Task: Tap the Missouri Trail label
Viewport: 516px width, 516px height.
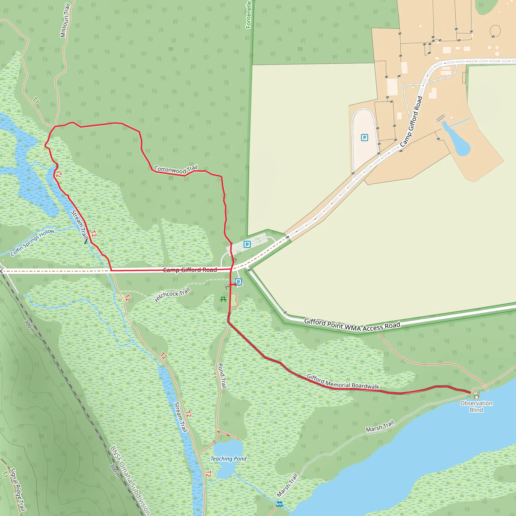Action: pyautogui.click(x=65, y=21)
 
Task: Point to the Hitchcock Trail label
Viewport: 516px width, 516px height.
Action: pyautogui.click(x=172, y=295)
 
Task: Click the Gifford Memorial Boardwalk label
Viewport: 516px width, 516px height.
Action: pyautogui.click(x=343, y=382)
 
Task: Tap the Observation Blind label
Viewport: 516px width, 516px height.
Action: pyautogui.click(x=476, y=406)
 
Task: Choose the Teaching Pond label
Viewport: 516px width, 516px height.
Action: pyautogui.click(x=228, y=459)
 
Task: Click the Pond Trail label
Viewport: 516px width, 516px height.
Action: pyautogui.click(x=222, y=376)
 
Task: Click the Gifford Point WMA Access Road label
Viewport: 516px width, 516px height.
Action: pyautogui.click(x=352, y=326)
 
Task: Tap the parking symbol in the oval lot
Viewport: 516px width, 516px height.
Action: pyautogui.click(x=364, y=138)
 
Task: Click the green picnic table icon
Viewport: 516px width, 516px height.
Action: pyautogui.click(x=223, y=299)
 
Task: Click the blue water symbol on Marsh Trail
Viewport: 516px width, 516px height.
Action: pyautogui.click(x=279, y=504)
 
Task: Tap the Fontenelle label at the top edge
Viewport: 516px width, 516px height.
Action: pyautogui.click(x=248, y=15)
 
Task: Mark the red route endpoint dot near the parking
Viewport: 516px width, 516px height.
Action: pyautogui.click(x=235, y=284)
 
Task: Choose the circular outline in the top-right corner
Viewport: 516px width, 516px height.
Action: pyautogui.click(x=495, y=30)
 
